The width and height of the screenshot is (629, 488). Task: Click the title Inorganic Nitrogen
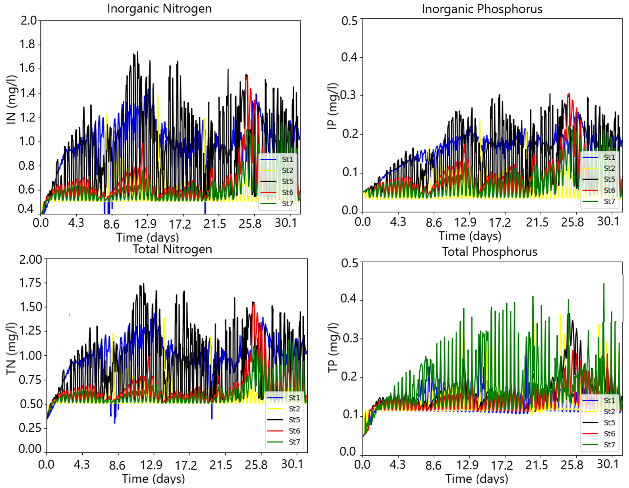(x=159, y=9)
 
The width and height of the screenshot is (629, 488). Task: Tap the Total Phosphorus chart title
(x=490, y=251)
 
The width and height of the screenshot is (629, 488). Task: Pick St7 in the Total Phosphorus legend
(x=609, y=445)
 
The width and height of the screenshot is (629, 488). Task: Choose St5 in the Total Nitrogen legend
(x=294, y=420)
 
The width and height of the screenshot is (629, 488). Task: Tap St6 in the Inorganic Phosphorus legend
(x=609, y=190)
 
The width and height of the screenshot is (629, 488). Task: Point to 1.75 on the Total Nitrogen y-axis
(x=30, y=283)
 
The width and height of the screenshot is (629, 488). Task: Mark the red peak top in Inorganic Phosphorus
(x=569, y=94)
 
